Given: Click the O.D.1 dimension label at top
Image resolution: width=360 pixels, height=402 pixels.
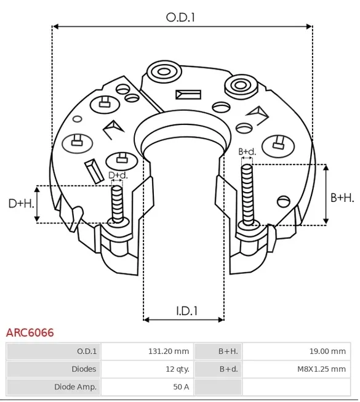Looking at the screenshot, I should (180, 18).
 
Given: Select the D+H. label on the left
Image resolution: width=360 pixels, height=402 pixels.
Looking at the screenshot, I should (21, 203).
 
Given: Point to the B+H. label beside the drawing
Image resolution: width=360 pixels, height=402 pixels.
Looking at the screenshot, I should (342, 198).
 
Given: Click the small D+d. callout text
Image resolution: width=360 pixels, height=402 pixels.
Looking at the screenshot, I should (118, 175).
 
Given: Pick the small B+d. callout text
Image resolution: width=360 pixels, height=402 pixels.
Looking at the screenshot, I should (247, 151).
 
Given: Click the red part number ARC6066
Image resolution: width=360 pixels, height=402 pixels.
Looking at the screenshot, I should (30, 333).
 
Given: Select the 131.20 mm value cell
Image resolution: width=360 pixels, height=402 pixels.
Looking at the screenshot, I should (168, 352).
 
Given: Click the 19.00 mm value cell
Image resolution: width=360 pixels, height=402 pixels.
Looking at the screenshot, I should (327, 352).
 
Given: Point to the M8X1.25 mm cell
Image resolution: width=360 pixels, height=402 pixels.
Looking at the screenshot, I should (320, 369).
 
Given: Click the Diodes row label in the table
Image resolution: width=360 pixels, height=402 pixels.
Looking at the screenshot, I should (84, 369).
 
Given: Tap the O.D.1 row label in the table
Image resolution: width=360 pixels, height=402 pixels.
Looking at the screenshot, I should (87, 352).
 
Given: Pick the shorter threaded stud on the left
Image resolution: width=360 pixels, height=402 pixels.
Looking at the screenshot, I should (118, 204).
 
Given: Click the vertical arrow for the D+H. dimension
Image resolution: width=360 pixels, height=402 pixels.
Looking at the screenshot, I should (38, 203).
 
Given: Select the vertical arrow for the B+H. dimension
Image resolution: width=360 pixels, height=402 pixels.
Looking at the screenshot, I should (326, 195).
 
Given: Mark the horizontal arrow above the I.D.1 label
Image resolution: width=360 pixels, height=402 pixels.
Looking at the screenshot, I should (183, 320).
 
